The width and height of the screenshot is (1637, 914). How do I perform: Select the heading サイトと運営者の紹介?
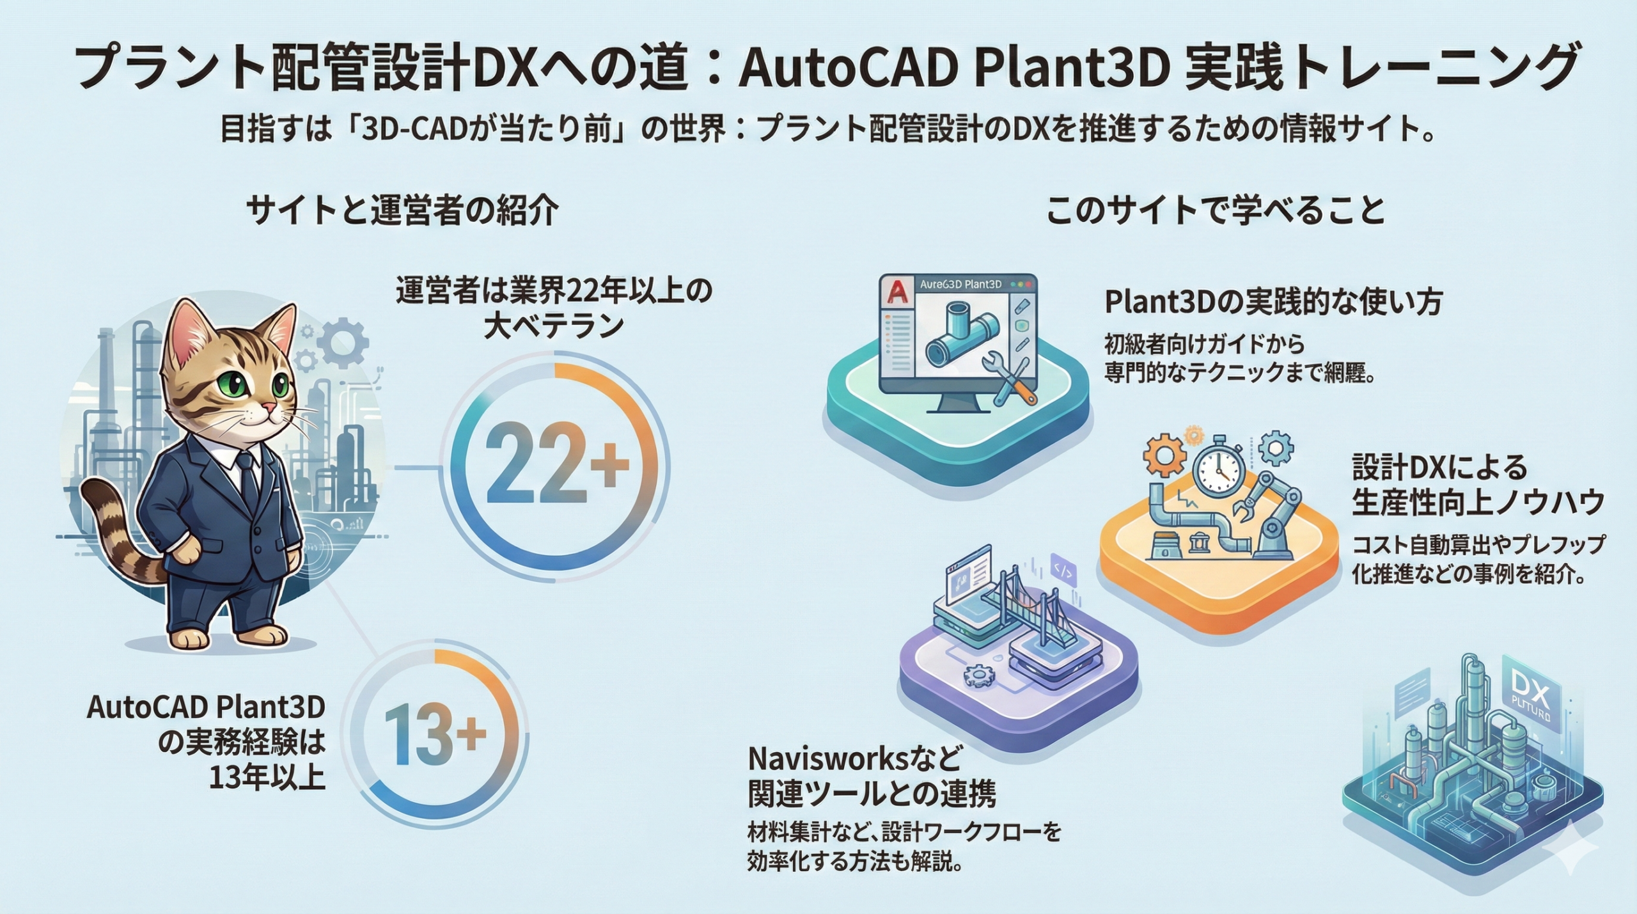coord(402,210)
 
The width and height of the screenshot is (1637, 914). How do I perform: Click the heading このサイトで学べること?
coord(1215,210)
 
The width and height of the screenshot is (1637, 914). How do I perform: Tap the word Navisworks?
coord(828,759)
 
